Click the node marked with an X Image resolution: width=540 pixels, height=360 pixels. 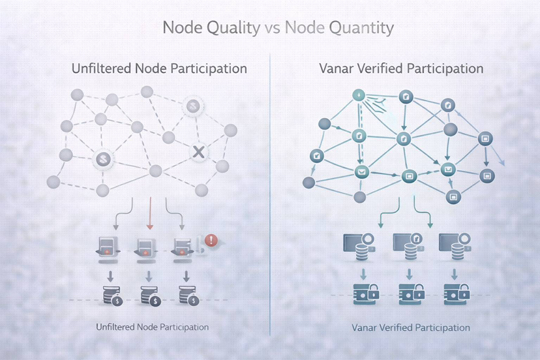(199, 152)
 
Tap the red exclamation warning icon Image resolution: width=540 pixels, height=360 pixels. (211, 240)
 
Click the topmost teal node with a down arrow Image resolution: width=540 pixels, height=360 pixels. (358, 95)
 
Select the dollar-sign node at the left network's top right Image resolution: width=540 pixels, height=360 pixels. (192, 105)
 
